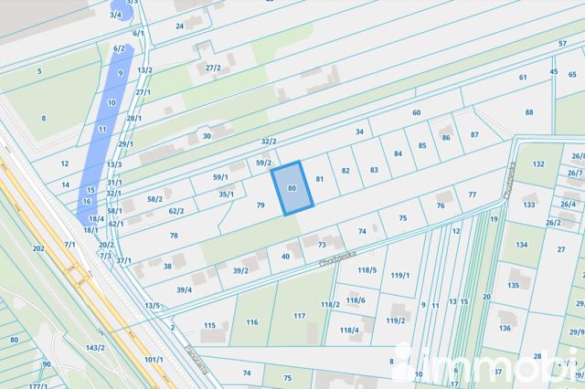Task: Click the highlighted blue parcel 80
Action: [291, 187]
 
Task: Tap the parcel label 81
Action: [319, 179]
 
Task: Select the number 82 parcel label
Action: [346, 171]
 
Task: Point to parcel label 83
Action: [374, 170]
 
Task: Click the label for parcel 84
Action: [398, 153]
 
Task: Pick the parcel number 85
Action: [422, 145]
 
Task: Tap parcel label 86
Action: [446, 137]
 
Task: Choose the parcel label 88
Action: [529, 111]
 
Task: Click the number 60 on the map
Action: [416, 112]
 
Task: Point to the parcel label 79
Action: [261, 205]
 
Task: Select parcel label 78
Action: [174, 236]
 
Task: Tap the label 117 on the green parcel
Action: [299, 315]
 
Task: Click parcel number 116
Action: [252, 322]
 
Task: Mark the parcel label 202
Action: [37, 248]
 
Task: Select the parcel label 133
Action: [528, 205]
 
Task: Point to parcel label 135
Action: [514, 285]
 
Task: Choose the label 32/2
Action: [269, 142]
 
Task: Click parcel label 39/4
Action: [184, 289]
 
